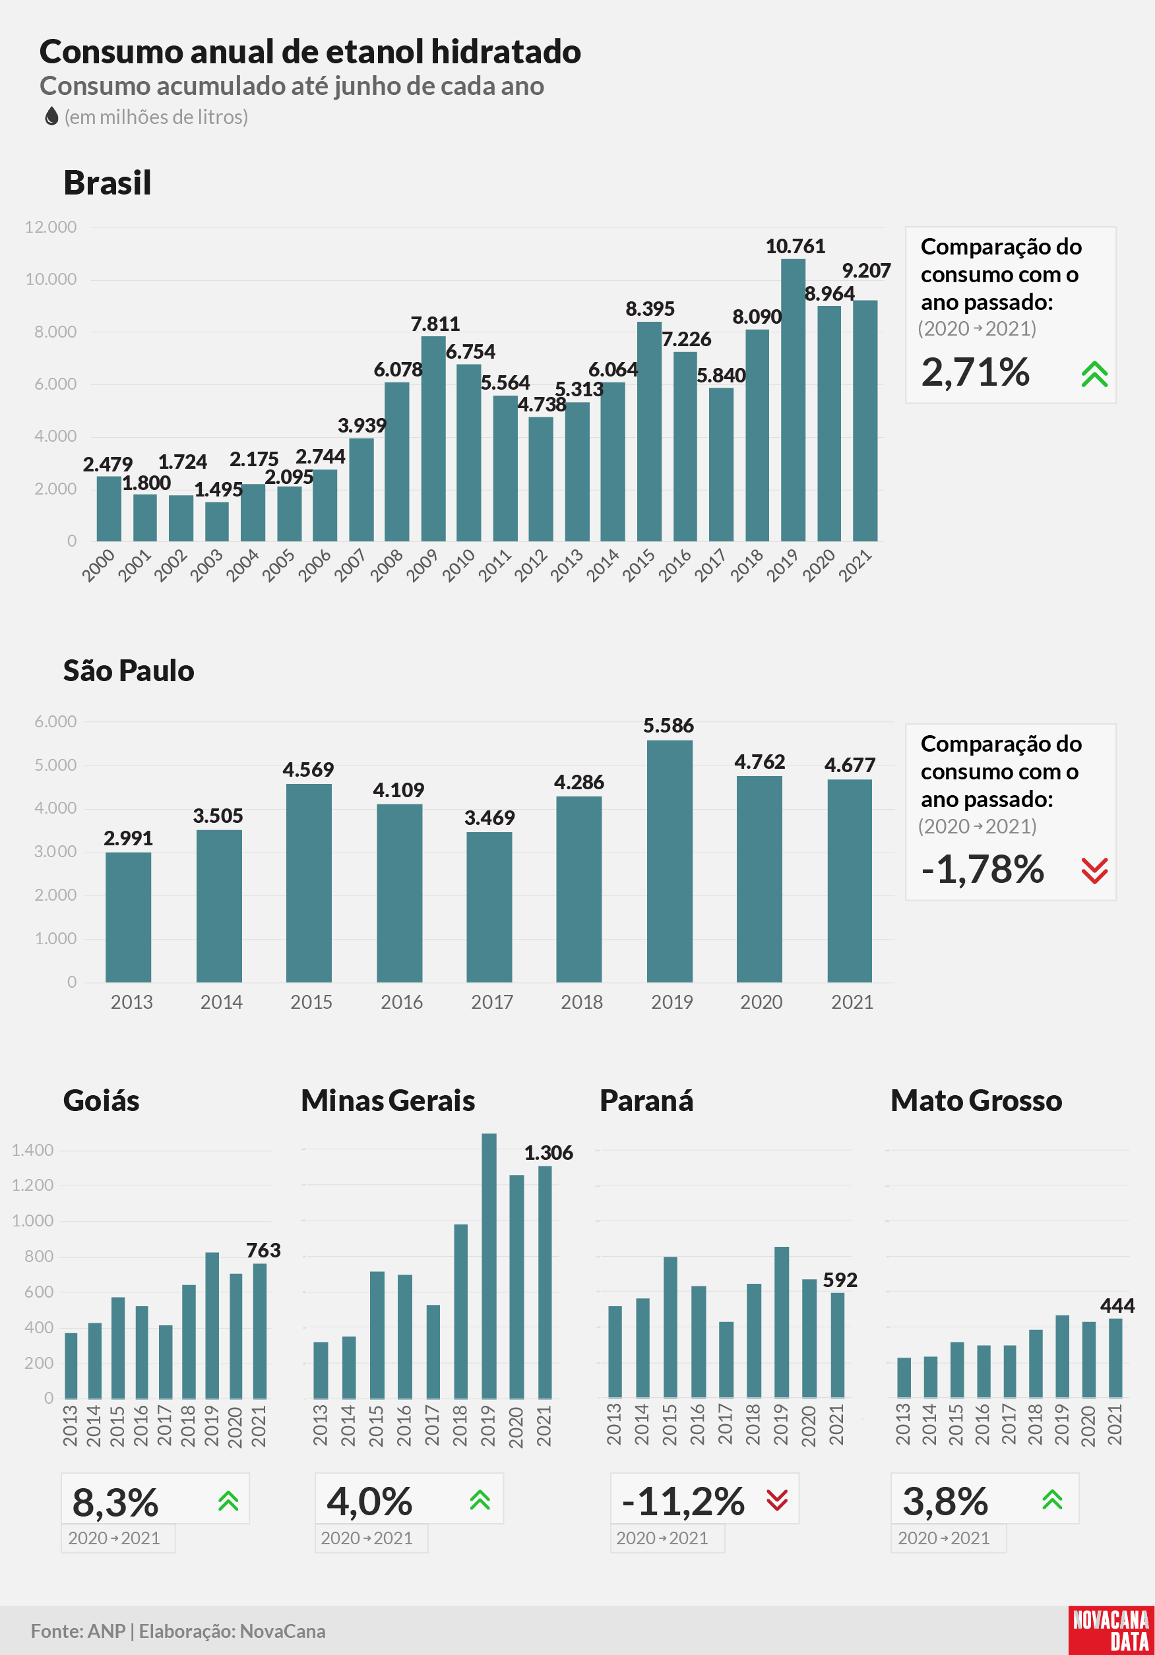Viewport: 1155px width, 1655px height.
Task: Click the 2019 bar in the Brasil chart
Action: coord(793,400)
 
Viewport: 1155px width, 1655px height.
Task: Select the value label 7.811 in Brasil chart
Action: coord(435,324)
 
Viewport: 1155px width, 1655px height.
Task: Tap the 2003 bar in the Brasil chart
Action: coord(217,521)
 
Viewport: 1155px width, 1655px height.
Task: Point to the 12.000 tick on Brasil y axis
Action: coord(51,227)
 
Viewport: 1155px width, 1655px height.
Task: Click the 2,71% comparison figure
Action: coord(976,372)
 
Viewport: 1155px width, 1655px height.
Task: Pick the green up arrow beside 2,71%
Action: coord(1094,374)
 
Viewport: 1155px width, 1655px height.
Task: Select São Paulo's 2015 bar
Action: coord(309,883)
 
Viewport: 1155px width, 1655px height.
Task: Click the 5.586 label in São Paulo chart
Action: coord(668,725)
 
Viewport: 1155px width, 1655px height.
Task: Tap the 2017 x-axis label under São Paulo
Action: coord(491,1002)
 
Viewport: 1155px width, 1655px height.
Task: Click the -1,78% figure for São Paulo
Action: coord(983,869)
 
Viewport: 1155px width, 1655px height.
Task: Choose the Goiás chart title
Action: coord(102,1100)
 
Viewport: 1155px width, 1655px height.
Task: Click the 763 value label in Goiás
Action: coord(263,1250)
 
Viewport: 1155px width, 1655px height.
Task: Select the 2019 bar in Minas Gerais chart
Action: coord(489,1266)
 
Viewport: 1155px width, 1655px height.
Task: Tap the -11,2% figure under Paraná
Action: coord(683,1501)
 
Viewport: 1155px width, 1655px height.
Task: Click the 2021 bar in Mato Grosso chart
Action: coord(1115,1358)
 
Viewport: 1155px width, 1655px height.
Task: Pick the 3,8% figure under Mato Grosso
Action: coord(945,1501)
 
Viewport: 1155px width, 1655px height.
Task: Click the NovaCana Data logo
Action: coord(1111,1631)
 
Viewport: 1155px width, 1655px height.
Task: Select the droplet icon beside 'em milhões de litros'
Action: coord(51,116)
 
